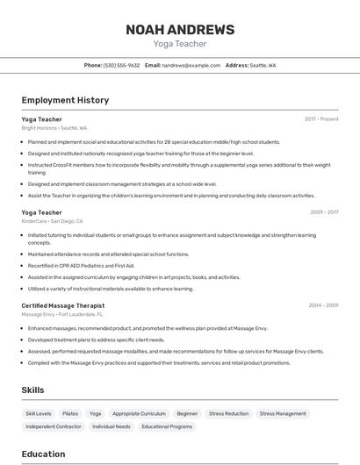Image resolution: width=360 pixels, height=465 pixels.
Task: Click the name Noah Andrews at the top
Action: click(180, 30)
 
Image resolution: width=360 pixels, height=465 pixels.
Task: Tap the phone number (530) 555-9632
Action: click(121, 65)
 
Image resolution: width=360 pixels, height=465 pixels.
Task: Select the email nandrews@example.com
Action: click(191, 65)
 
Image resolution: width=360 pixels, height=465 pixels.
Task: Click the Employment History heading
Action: click(65, 100)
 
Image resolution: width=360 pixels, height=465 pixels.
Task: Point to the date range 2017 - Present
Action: click(321, 118)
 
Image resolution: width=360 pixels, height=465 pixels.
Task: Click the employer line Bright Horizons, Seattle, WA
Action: click(54, 127)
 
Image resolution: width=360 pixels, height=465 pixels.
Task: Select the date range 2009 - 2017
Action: click(324, 211)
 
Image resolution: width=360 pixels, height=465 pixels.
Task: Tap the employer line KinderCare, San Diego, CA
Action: click(52, 221)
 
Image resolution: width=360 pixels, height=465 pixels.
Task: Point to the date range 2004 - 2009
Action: click(324, 304)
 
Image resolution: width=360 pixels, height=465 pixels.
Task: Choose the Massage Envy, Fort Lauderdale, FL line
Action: click(62, 314)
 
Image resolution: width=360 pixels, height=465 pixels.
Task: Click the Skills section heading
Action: click(33, 390)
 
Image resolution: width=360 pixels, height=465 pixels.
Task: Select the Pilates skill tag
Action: click(70, 413)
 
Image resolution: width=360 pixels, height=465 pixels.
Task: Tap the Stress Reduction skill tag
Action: click(228, 413)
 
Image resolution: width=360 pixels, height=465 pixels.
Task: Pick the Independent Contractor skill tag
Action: click(53, 426)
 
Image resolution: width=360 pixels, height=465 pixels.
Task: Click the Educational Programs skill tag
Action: click(167, 426)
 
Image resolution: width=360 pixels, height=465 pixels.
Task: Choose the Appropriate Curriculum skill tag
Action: click(139, 413)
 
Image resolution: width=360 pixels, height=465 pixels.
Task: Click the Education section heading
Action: click(43, 454)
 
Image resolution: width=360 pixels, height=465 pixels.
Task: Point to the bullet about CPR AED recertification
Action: click(81, 265)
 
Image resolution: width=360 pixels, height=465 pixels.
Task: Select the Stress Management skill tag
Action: click(283, 413)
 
